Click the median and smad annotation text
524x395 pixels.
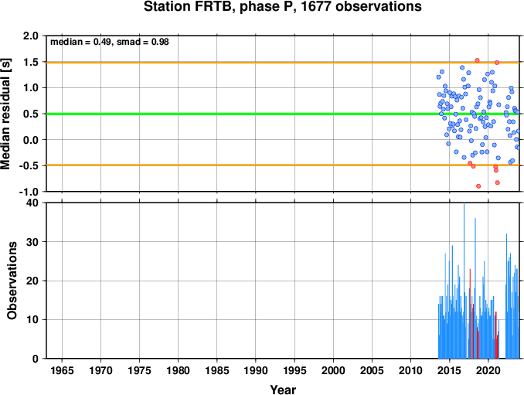[x=110, y=42]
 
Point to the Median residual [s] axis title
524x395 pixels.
[x=5, y=114]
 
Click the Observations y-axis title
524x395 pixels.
[x=12, y=281]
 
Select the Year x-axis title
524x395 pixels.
[x=283, y=390]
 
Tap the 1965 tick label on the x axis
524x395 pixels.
[x=62, y=370]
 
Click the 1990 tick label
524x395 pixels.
[x=256, y=370]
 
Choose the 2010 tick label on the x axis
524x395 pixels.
[x=410, y=370]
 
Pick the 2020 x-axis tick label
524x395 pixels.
[x=488, y=370]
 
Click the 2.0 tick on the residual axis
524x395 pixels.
[x=31, y=36]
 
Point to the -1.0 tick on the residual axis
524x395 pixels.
[x=29, y=192]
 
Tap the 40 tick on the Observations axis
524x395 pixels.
[x=32, y=203]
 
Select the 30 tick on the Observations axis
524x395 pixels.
[x=32, y=242]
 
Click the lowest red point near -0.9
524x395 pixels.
[x=478, y=186]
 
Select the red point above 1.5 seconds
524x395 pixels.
[x=477, y=60]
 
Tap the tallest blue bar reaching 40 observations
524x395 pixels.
[x=464, y=281]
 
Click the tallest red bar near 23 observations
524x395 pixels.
[x=470, y=314]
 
